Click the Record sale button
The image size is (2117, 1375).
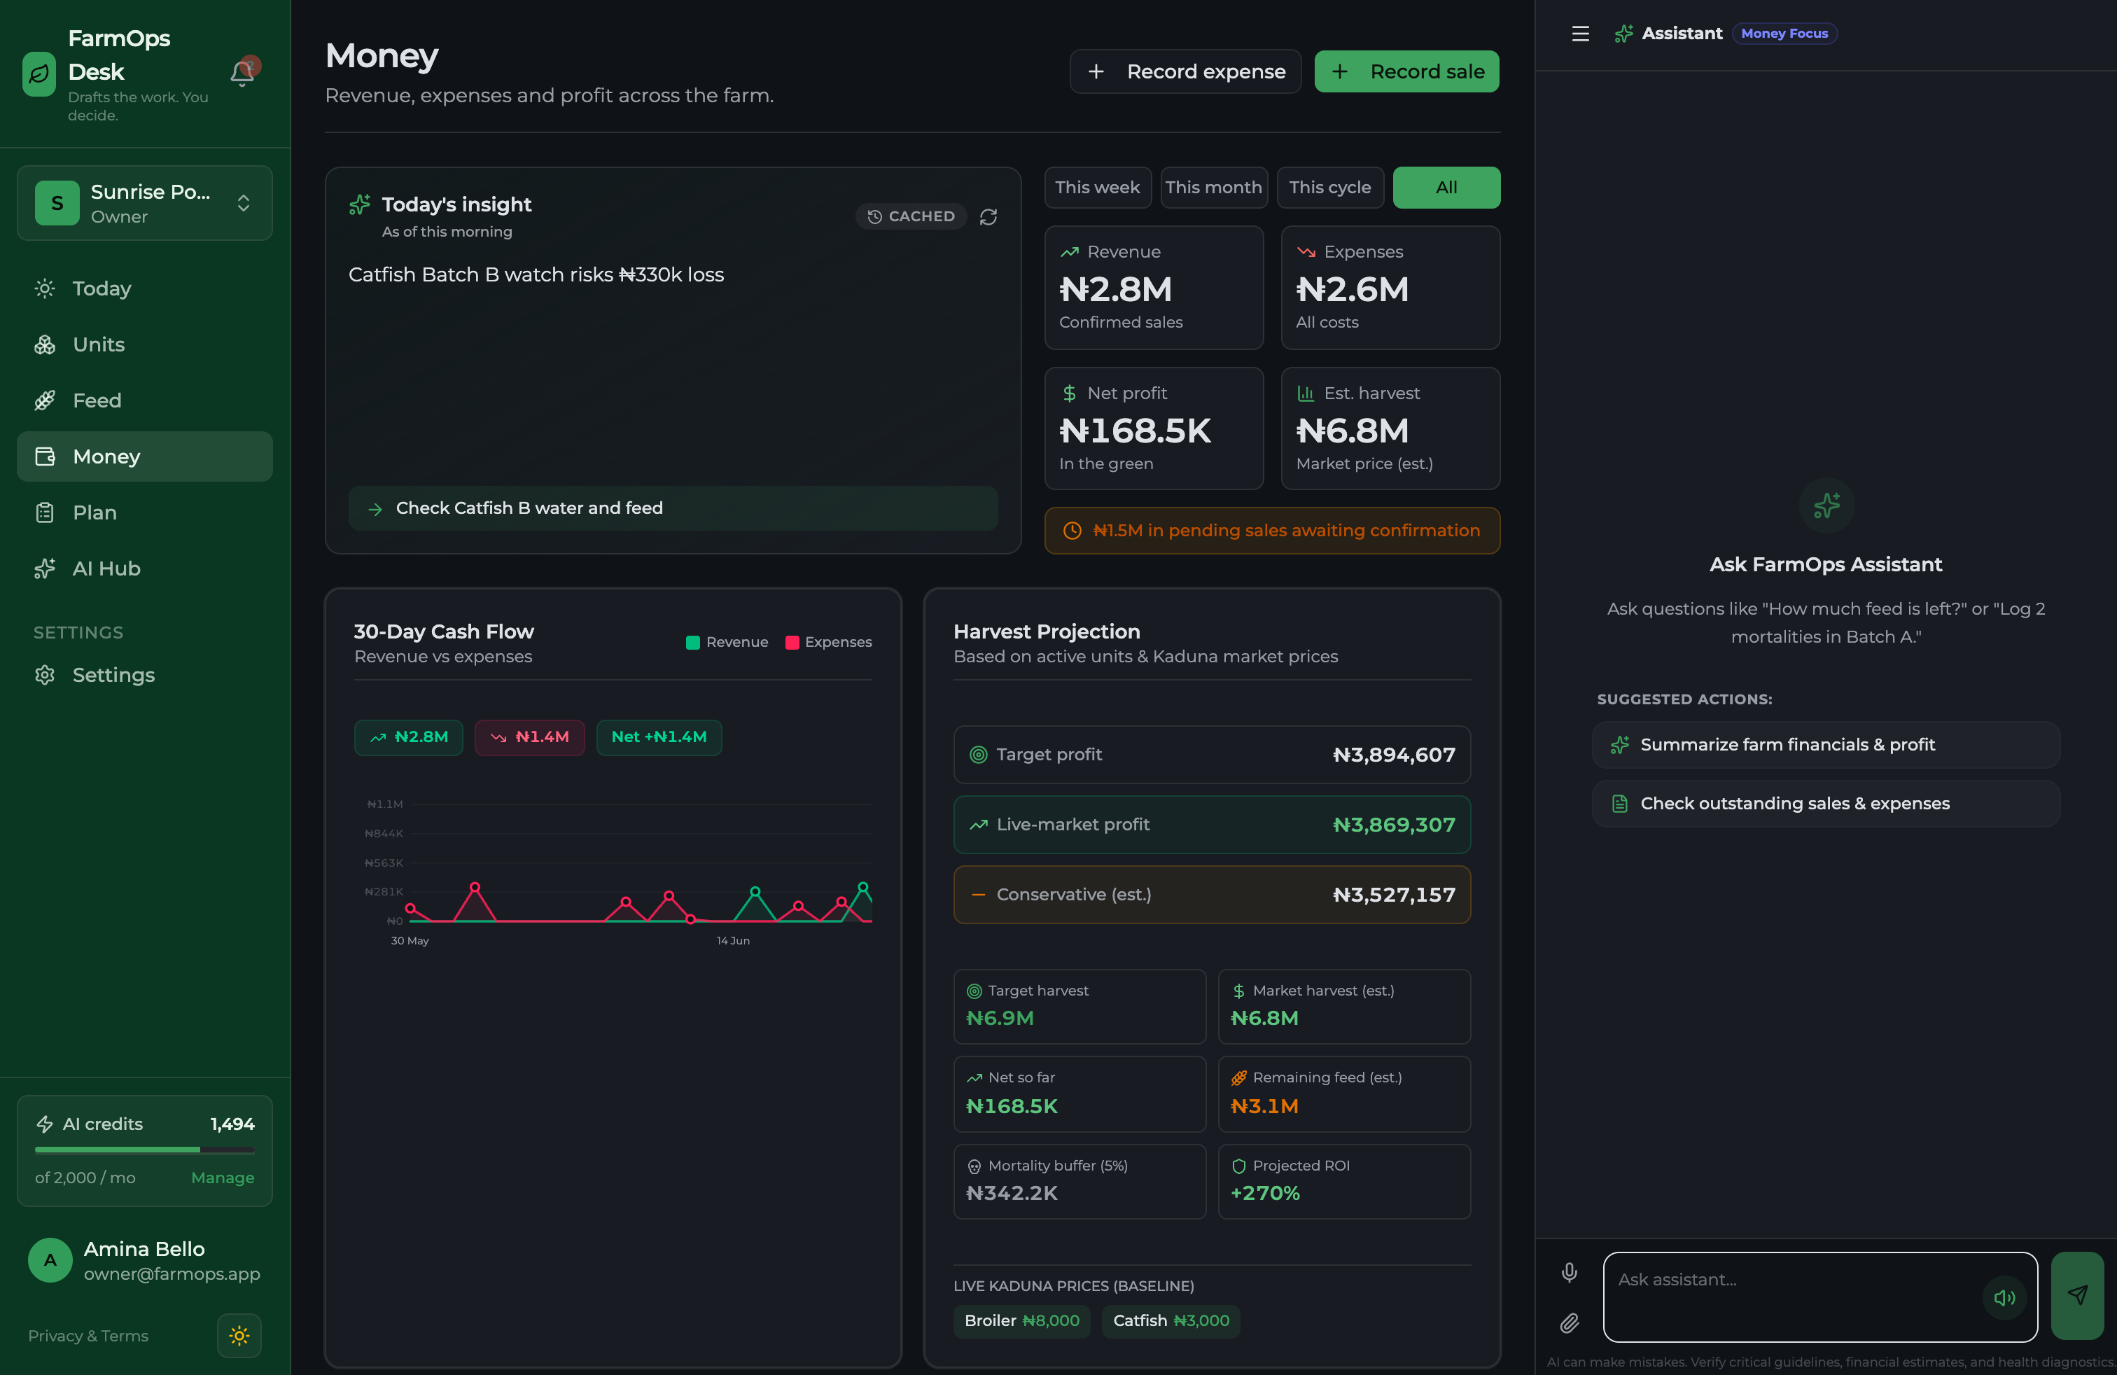[x=1406, y=71]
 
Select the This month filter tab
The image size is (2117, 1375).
[x=1213, y=188]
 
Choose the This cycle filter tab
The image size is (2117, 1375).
[x=1330, y=188]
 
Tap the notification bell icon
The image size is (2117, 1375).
[x=242, y=73]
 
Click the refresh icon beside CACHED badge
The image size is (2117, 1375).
[x=988, y=217]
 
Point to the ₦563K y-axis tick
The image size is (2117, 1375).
[x=384, y=863]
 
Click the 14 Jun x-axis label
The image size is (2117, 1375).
[x=733, y=940]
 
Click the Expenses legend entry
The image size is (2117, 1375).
[x=828, y=642]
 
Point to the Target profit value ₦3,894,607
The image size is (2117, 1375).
[x=1394, y=755]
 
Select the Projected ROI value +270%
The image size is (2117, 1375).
[x=1265, y=1193]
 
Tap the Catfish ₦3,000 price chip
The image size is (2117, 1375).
[x=1171, y=1321]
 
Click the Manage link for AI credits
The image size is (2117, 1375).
[x=223, y=1178]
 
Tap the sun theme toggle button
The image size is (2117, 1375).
[x=239, y=1336]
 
